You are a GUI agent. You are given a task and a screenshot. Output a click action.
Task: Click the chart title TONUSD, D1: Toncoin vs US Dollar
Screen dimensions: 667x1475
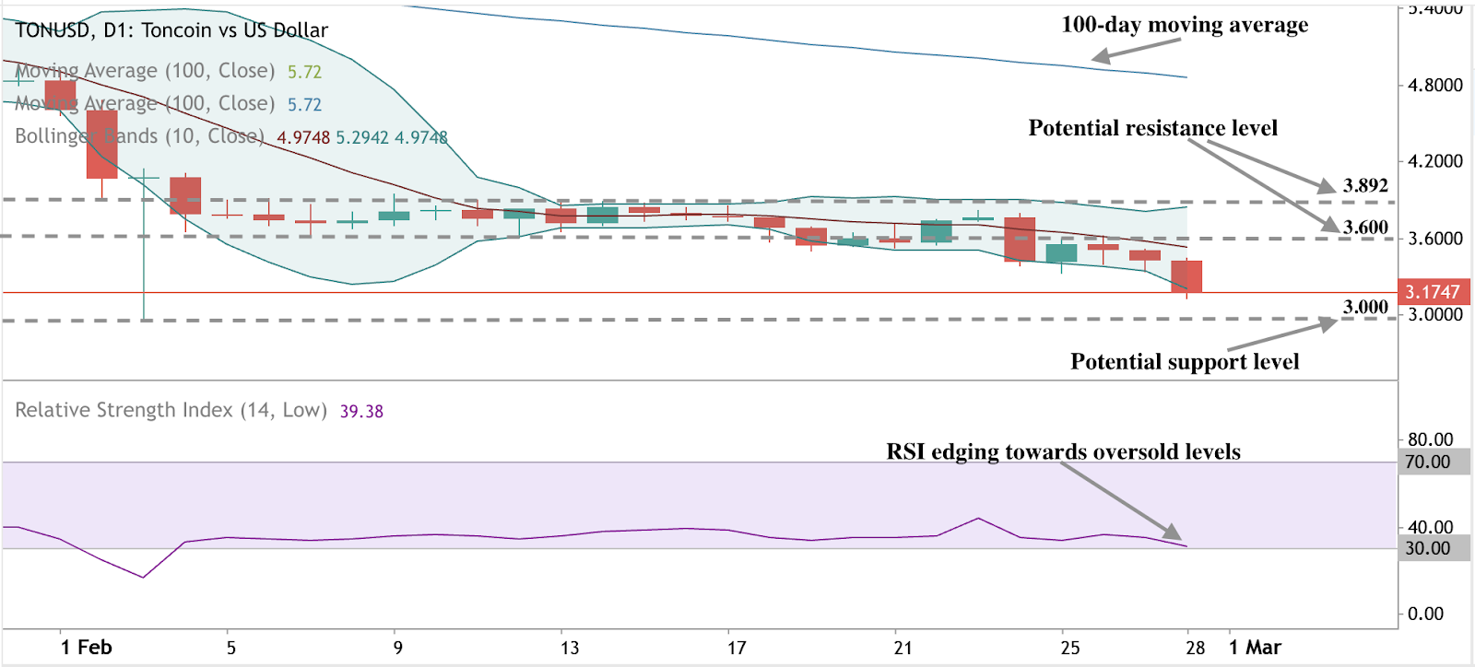click(171, 30)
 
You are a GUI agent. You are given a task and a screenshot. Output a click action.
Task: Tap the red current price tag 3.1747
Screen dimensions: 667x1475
click(1433, 292)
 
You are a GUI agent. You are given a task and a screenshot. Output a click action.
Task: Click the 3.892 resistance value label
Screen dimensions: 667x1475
click(1364, 185)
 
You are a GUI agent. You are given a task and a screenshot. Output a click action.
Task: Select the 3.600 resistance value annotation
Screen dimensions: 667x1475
click(1365, 227)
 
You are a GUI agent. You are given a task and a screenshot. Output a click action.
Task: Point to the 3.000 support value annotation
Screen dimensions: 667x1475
click(1364, 307)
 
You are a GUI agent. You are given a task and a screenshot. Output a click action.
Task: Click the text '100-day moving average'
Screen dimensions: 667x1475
click(1184, 25)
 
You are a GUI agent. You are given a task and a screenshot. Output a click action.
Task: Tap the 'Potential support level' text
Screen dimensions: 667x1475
click(1184, 362)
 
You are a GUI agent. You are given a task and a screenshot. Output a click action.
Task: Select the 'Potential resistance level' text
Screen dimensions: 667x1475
click(1152, 128)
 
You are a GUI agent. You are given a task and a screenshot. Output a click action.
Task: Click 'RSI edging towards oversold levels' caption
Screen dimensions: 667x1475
click(1063, 451)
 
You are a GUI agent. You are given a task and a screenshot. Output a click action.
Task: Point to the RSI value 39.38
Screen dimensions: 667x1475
click(361, 411)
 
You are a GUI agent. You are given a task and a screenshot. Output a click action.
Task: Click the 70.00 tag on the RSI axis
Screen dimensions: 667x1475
click(1427, 462)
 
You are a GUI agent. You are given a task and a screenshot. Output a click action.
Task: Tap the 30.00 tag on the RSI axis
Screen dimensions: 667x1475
click(1427, 548)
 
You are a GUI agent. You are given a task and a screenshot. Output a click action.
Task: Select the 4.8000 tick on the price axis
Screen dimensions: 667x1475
click(1434, 85)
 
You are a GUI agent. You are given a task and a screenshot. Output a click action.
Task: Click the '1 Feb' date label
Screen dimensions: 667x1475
click(87, 648)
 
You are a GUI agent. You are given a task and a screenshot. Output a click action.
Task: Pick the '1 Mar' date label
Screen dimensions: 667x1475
click(1255, 648)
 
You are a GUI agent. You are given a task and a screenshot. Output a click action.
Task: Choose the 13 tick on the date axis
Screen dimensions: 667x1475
click(570, 648)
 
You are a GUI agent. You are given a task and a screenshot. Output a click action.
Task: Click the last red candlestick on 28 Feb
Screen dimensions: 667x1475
click(1186, 276)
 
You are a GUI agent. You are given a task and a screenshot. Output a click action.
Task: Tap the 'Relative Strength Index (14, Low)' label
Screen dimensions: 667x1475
click(171, 410)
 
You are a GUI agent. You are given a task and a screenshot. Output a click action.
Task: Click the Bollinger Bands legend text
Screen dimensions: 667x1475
click(139, 136)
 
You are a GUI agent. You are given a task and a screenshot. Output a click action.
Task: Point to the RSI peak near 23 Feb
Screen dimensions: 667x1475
click(978, 518)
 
